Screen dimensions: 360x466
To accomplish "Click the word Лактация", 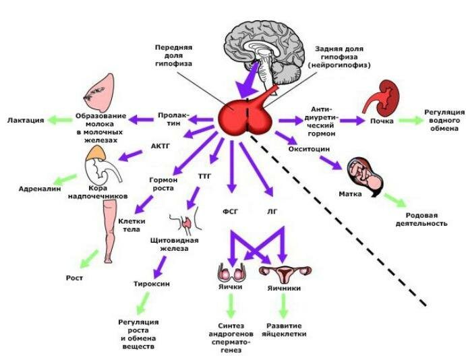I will [26, 120].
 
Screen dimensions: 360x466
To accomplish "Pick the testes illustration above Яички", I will [230, 272].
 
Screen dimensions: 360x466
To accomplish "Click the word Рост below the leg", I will [74, 278].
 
